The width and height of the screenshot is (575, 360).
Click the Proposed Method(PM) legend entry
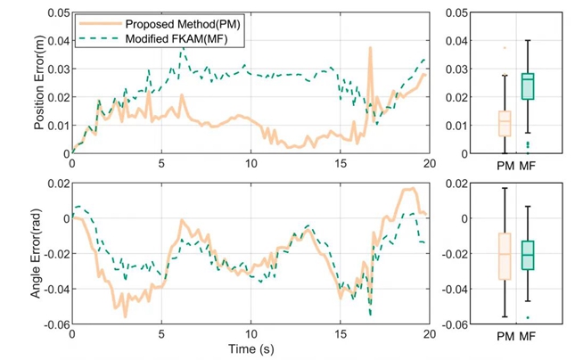point(179,23)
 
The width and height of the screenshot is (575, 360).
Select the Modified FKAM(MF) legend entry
point(175,39)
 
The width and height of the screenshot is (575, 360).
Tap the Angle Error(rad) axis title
point(39,254)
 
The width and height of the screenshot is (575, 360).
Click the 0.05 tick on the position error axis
point(56,12)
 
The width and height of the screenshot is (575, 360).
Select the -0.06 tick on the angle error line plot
point(53,324)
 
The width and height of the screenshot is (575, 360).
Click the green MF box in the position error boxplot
point(528,87)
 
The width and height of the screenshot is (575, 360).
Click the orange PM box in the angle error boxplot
point(505,256)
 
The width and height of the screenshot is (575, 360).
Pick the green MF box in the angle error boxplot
point(528,255)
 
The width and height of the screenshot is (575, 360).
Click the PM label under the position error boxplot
point(505,166)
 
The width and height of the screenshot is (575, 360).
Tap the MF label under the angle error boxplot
point(528,336)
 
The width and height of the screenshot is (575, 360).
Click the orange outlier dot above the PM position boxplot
point(505,48)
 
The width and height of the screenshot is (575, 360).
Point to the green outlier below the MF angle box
point(528,317)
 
